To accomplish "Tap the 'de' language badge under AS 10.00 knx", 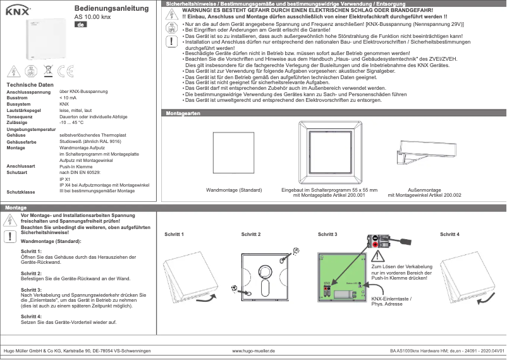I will tap(80, 24).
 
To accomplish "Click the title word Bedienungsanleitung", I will tap(111, 8).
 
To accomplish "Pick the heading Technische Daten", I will tap(29, 85).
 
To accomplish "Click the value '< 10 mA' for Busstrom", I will tap(69, 98).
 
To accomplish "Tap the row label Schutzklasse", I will tap(20, 190).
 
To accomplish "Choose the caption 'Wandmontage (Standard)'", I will tap(234, 190).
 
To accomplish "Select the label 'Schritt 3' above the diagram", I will tap(327, 235).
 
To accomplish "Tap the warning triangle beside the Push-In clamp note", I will tap(379, 256).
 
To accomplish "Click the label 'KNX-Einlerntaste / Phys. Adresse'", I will tap(391, 301).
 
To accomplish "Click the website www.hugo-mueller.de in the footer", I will tap(253, 350).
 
